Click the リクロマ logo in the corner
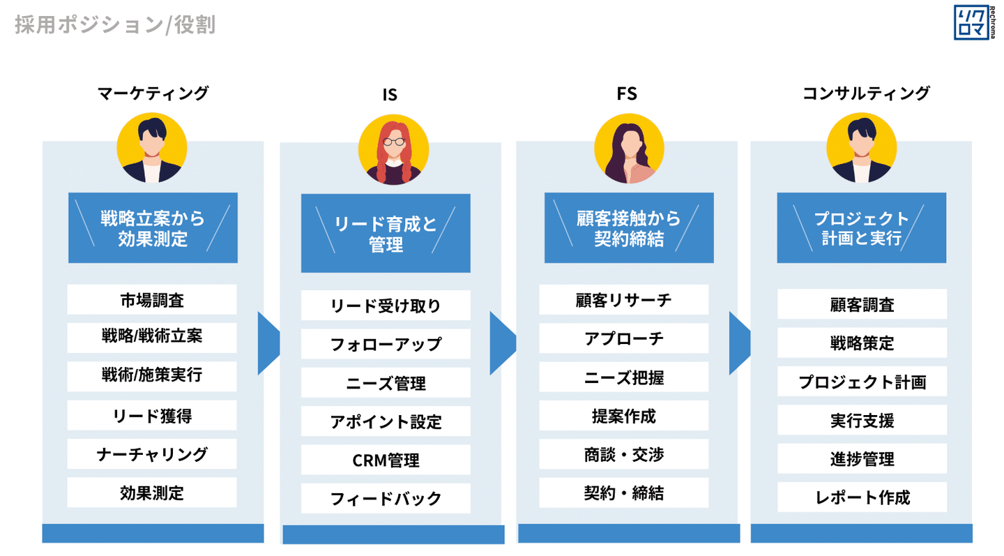tap(974, 22)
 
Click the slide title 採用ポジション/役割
tap(115, 24)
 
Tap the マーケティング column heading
tap(153, 93)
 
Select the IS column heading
tap(390, 95)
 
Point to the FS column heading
tap(627, 93)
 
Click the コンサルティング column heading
tap(866, 93)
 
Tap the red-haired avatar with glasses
tap(393, 149)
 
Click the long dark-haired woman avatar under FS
tap(630, 149)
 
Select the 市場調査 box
tap(152, 299)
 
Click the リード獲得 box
tap(152, 415)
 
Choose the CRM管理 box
tap(386, 460)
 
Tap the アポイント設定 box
tap(386, 421)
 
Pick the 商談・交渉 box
tap(624, 454)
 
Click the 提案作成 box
tap(624, 416)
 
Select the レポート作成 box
tap(862, 497)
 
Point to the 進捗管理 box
tap(862, 458)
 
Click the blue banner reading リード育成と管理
tap(386, 233)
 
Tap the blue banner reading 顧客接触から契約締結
tap(630, 228)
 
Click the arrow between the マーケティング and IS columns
tap(268, 343)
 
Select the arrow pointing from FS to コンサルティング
tap(740, 343)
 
